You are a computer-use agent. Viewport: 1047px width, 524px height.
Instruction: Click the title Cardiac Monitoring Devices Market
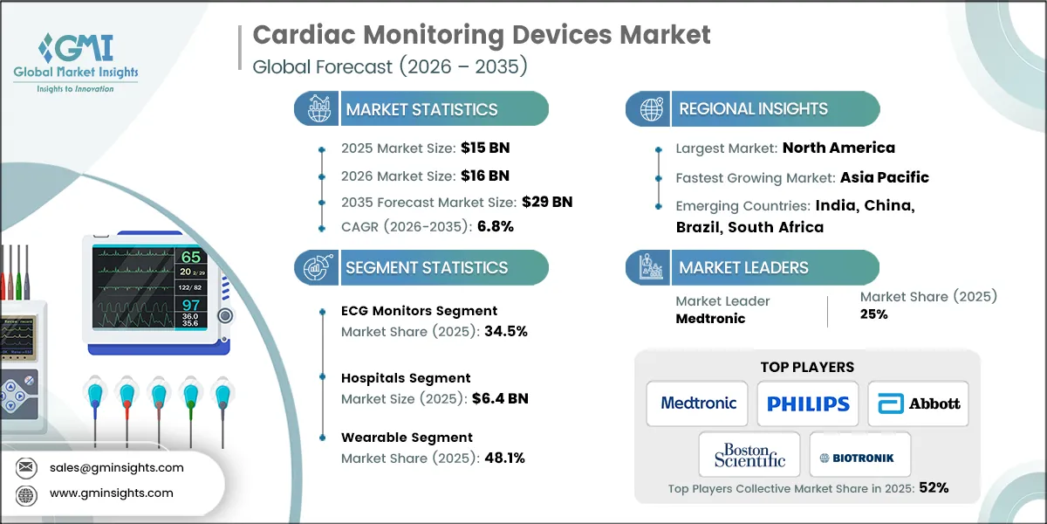[482, 35]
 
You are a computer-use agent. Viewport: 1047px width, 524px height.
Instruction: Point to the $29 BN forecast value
[547, 202]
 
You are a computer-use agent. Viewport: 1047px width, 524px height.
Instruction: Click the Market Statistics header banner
[421, 109]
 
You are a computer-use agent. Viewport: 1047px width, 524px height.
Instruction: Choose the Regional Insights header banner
[753, 109]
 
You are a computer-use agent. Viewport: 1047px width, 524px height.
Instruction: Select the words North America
[838, 148]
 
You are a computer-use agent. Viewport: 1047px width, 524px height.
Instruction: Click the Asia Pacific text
[884, 177]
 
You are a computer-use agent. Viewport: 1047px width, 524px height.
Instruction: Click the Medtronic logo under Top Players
[698, 403]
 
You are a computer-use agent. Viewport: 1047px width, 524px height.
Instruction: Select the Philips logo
[808, 403]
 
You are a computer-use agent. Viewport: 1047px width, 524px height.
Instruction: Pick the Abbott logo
[918, 403]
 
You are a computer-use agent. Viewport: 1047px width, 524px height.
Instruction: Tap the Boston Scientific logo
[749, 455]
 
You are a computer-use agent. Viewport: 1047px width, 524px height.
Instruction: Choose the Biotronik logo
[860, 457]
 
